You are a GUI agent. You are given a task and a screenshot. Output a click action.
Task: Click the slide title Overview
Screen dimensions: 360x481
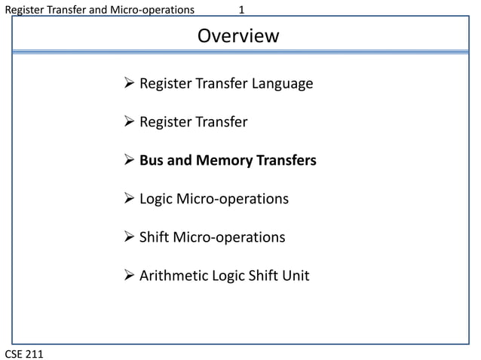point(237,36)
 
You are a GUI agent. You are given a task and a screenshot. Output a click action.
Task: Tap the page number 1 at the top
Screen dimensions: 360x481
point(242,10)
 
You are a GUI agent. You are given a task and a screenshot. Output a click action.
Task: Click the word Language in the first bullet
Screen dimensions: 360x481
point(280,84)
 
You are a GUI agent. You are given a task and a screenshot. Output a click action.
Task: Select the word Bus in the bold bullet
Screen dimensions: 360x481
point(152,160)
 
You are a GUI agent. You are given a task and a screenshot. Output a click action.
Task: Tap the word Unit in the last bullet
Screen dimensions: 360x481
point(295,276)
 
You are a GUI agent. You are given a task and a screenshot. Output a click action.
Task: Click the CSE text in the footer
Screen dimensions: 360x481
point(16,353)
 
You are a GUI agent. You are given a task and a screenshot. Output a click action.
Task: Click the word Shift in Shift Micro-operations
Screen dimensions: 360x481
point(155,237)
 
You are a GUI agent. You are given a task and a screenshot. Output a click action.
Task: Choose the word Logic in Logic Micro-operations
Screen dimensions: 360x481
point(156,199)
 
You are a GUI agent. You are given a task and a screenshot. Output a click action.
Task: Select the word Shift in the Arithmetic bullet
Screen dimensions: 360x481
point(260,276)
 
